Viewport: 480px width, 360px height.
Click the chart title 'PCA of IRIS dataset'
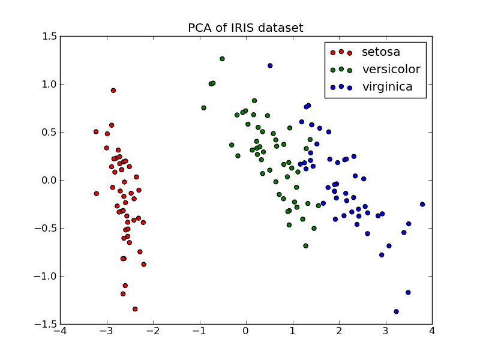(x=245, y=28)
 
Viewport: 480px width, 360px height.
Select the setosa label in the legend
(x=381, y=52)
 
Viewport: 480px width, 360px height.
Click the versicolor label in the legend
(x=391, y=70)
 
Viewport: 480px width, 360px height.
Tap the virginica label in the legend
(x=387, y=87)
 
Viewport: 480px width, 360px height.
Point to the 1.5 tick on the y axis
(x=50, y=37)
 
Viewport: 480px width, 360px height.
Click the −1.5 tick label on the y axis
(x=48, y=324)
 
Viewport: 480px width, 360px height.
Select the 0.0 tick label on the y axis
(x=50, y=180)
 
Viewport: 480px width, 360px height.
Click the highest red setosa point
(x=113, y=91)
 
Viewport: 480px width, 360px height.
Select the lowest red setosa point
(x=135, y=309)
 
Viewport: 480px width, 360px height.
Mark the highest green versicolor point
(x=222, y=59)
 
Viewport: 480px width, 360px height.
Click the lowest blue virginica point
(x=396, y=311)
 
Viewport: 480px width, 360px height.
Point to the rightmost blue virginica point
(x=422, y=204)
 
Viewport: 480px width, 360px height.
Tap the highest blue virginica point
(x=270, y=65)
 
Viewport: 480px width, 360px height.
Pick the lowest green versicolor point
(x=305, y=246)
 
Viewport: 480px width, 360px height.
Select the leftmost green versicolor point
(x=203, y=108)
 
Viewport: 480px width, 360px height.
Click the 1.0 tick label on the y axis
(x=50, y=84)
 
